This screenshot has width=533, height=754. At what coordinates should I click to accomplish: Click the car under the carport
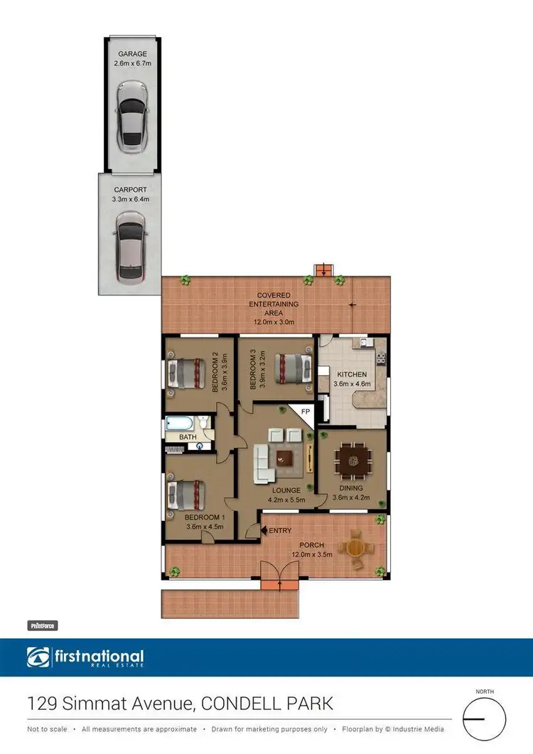131,248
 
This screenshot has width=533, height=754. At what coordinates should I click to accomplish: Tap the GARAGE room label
132,54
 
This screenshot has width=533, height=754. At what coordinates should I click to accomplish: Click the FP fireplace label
305,411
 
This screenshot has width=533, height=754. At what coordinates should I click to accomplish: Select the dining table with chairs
352,461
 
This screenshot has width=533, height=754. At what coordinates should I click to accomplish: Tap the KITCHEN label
352,375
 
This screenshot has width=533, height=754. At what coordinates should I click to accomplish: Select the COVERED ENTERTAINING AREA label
278,304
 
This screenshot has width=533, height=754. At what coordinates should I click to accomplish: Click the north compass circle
484,718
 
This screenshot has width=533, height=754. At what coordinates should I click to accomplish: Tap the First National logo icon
38,658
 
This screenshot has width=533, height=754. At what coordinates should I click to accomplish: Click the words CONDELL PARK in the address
268,704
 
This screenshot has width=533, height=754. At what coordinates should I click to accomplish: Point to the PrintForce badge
42,626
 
